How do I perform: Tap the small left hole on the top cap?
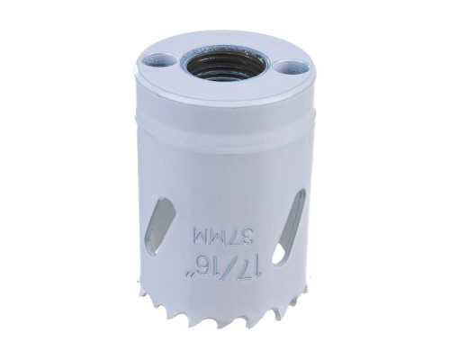coord(160,62)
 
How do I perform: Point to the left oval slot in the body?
coord(160,227)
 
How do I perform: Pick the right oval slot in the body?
coord(289,225)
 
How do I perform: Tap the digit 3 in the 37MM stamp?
coord(243,238)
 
